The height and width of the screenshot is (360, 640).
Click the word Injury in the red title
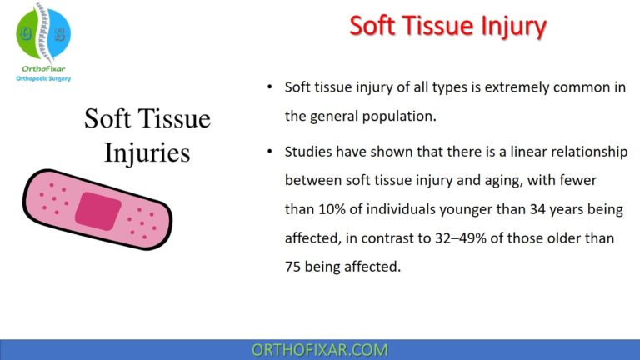(507, 26)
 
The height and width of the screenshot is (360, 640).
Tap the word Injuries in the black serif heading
(147, 153)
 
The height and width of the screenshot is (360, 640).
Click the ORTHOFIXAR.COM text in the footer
(320, 349)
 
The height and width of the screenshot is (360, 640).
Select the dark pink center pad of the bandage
(98, 210)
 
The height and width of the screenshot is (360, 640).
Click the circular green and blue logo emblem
(43, 33)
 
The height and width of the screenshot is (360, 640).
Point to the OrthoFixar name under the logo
(43, 69)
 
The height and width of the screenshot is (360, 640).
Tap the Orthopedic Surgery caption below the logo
(43, 80)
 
